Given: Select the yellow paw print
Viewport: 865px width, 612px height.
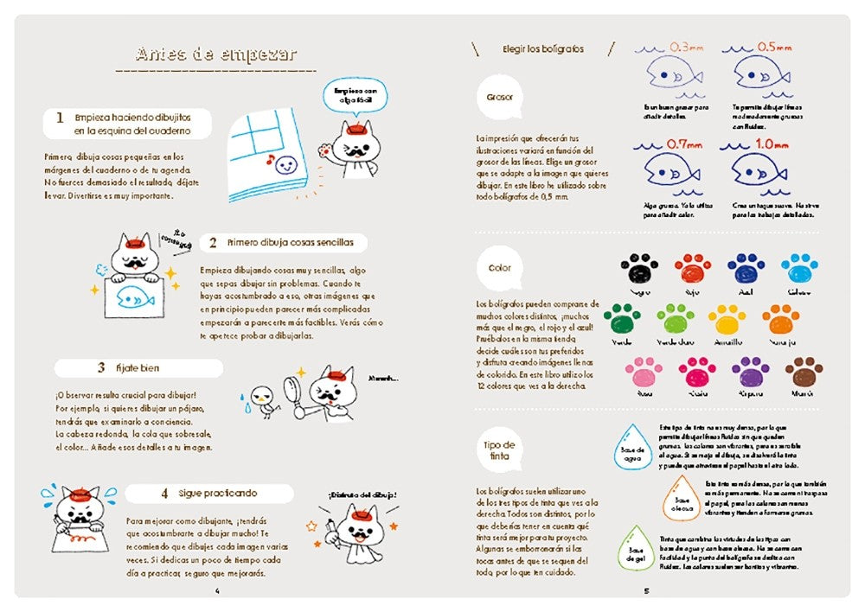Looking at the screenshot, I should pos(727,320).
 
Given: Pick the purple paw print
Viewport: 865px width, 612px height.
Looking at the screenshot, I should pos(750,372).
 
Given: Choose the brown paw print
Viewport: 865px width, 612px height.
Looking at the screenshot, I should pos(804,372).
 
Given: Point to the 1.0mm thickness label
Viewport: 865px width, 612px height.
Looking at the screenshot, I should pos(772,143).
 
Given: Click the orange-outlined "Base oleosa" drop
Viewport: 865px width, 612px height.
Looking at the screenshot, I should pos(682,499).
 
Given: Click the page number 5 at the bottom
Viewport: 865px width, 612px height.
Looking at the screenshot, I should pos(646,591).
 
